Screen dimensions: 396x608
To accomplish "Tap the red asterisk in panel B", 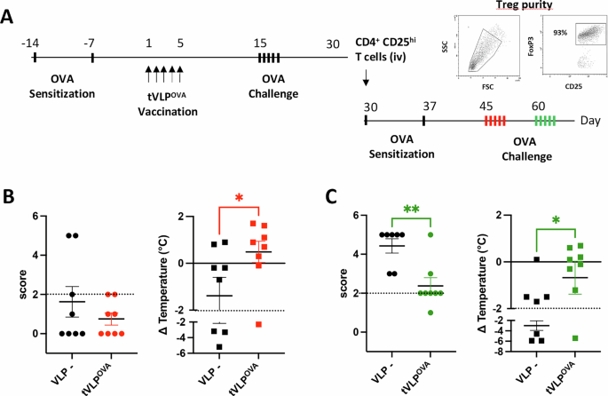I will pos(239,196).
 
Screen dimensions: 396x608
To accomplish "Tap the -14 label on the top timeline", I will pos(33,44).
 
